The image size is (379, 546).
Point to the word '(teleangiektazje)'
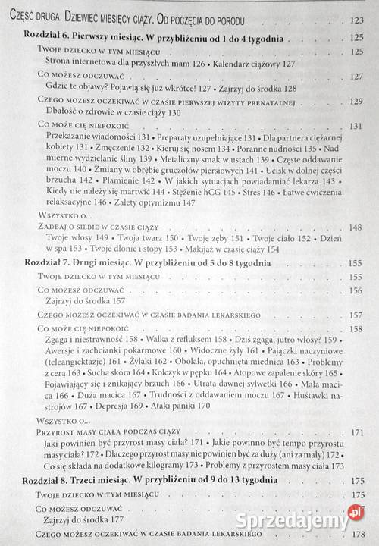[80, 362]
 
